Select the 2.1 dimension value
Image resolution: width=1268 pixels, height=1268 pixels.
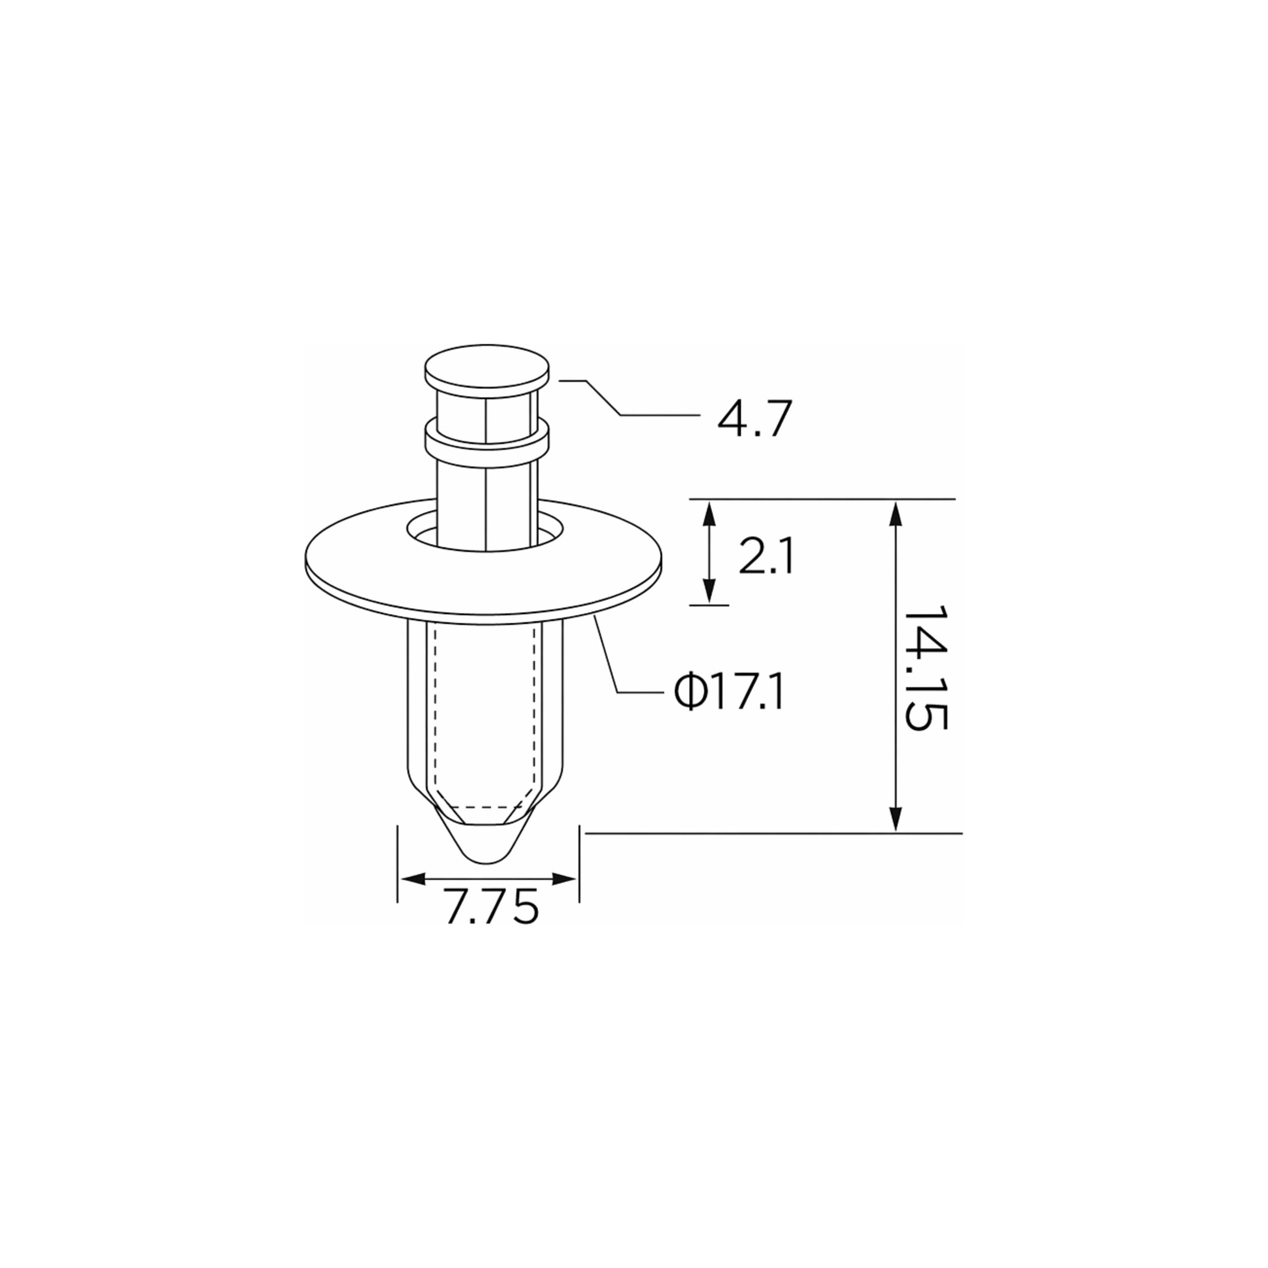coord(766,556)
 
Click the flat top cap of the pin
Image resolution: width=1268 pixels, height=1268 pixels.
coord(486,370)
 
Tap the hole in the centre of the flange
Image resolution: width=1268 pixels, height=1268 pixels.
coord(486,532)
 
